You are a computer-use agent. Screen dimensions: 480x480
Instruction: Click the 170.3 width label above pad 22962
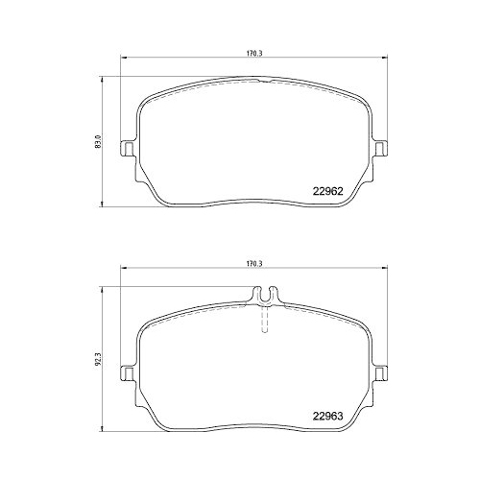(x=253, y=54)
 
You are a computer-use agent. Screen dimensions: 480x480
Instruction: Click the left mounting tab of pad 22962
(x=125, y=149)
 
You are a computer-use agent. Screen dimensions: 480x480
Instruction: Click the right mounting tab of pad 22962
(x=381, y=149)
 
